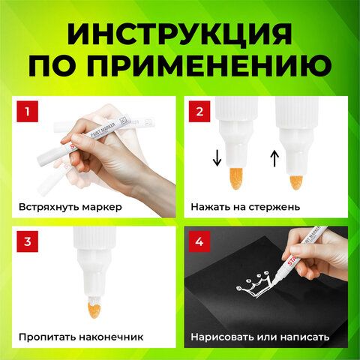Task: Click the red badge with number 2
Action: (x=200, y=113)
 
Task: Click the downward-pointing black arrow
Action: (x=217, y=157)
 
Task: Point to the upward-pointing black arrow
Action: (x=273, y=157)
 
